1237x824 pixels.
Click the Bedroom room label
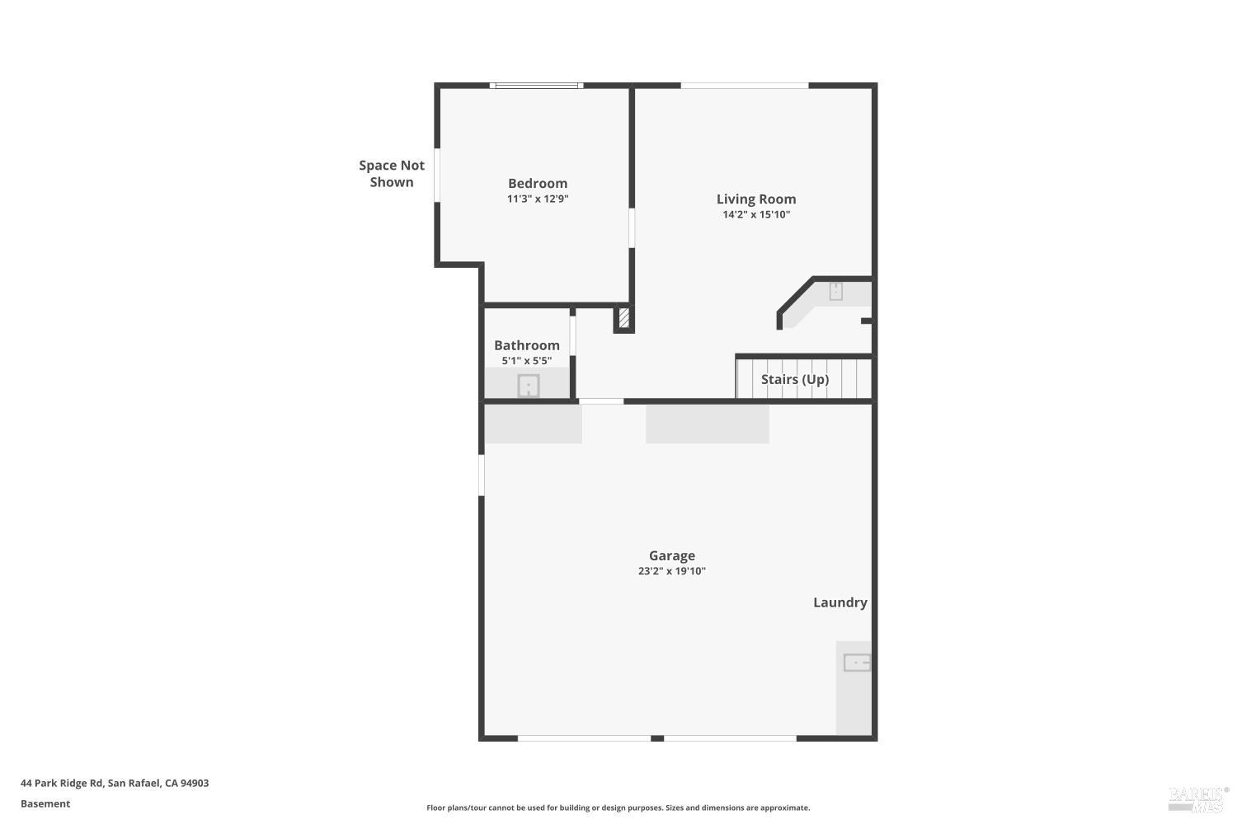click(x=538, y=183)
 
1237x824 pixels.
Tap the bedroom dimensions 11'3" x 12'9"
click(x=538, y=199)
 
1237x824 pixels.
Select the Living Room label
click(x=756, y=199)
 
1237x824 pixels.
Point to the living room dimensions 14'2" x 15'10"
click(x=756, y=214)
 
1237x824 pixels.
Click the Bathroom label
click(x=527, y=345)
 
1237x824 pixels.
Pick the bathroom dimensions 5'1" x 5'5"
click(x=527, y=361)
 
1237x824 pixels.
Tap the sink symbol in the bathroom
click(x=528, y=386)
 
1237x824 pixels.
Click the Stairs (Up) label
click(x=795, y=379)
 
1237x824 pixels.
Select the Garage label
click(x=672, y=555)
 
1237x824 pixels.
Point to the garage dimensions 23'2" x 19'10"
click(x=672, y=571)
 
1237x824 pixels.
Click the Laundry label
click(x=840, y=602)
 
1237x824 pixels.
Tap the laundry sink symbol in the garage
click(x=857, y=662)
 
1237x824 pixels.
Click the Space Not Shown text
click(x=392, y=174)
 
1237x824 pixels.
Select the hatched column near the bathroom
click(x=624, y=318)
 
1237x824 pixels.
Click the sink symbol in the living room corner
click(x=835, y=291)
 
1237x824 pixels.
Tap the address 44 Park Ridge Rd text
click(x=115, y=783)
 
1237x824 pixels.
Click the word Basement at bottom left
click(x=45, y=803)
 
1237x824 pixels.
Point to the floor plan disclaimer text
click(x=618, y=808)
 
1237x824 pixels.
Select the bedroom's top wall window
click(x=537, y=85)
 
